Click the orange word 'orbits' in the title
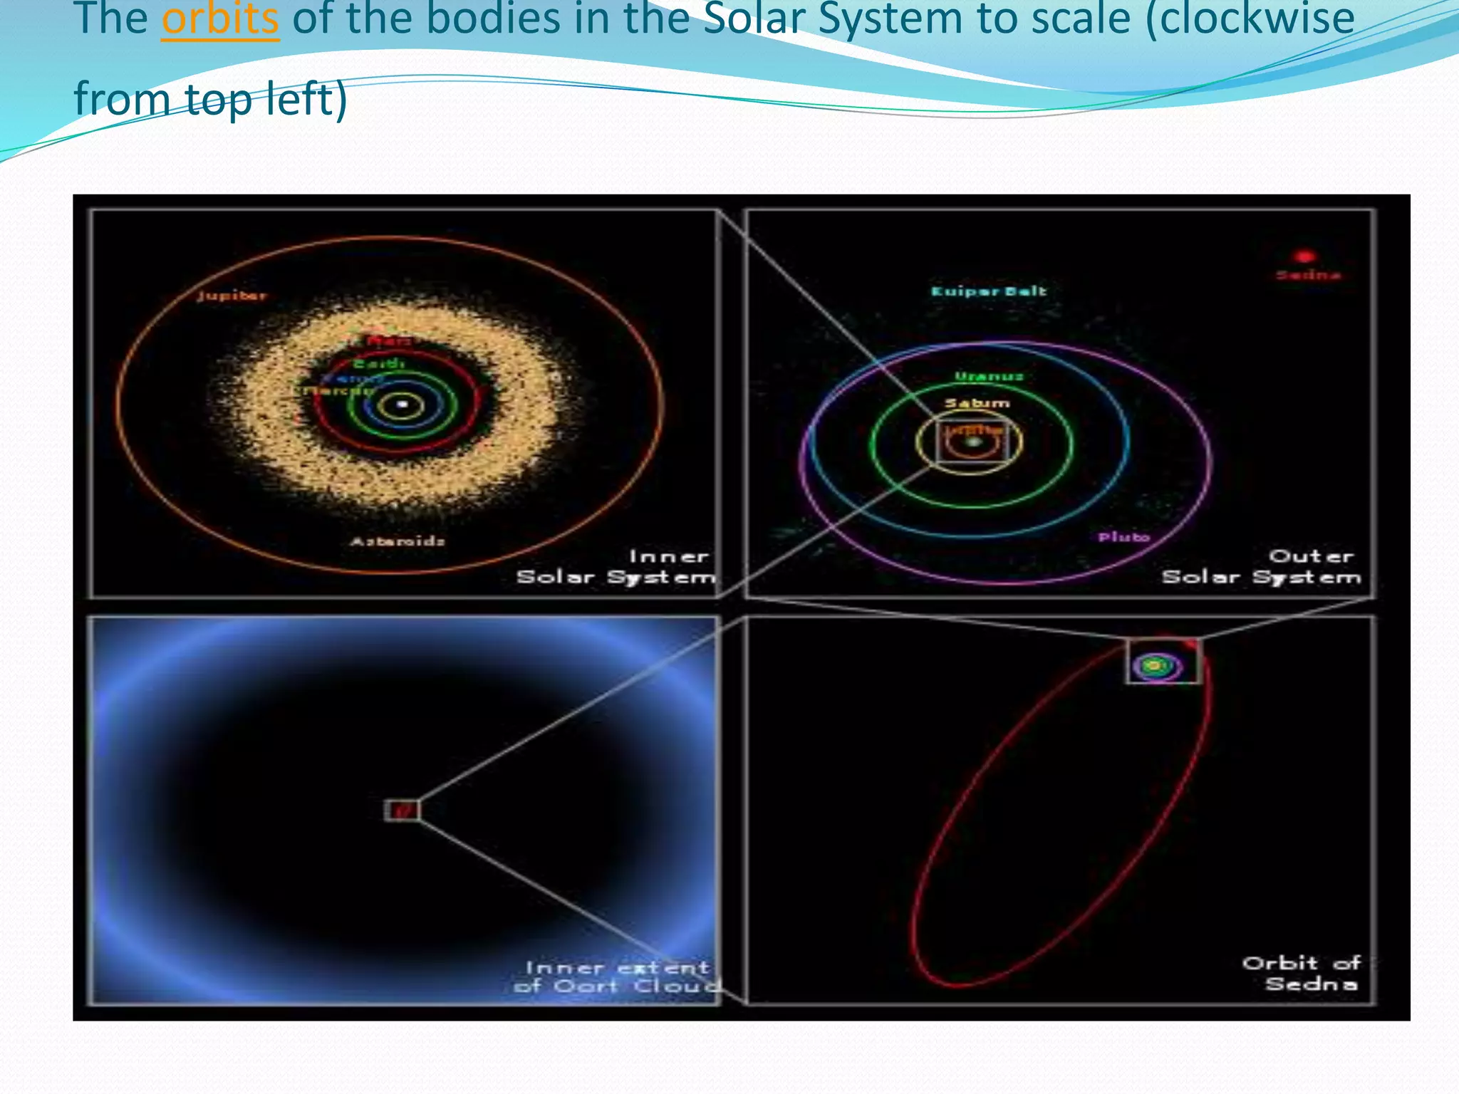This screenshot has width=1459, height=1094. click(219, 20)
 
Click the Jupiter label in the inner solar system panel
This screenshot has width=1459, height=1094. click(232, 296)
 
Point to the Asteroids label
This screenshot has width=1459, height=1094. click(398, 541)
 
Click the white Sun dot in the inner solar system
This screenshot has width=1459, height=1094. click(402, 405)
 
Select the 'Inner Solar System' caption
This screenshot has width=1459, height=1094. click(616, 567)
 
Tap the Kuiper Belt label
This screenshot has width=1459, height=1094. click(989, 291)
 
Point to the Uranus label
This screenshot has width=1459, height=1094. click(989, 377)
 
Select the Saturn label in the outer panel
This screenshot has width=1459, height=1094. click(977, 404)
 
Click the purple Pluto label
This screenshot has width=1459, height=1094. click(1123, 537)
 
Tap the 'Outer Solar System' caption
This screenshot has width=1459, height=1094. click(1261, 567)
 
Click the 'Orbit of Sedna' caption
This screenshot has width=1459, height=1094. click(1302, 974)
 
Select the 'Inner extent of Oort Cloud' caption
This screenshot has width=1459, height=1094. click(617, 976)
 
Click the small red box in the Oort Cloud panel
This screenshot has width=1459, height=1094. click(403, 810)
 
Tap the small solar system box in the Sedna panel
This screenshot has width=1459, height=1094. click(1163, 662)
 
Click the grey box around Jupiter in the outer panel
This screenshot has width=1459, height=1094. click(972, 442)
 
